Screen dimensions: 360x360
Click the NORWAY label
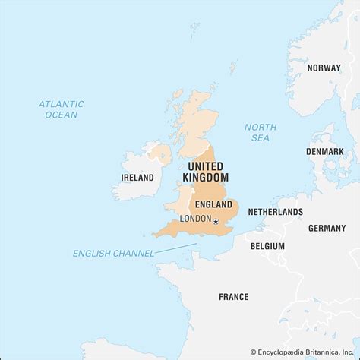324,68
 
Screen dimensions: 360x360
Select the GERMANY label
327,228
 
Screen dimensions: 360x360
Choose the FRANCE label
233,297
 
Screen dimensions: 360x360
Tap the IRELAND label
137,178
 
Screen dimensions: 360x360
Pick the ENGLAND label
213,204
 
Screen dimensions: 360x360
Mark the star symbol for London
216,221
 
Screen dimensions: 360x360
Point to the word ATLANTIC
61,103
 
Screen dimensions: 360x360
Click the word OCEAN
61,115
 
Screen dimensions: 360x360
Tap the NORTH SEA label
261,133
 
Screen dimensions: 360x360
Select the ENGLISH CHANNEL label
113,253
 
